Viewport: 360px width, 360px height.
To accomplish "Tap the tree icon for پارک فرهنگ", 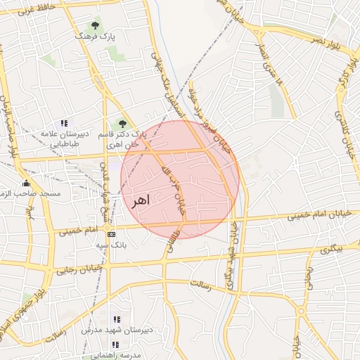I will [95, 26].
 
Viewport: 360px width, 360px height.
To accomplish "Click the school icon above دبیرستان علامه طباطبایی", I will [64, 123].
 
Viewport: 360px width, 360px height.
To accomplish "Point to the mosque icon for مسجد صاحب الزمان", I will [27, 184].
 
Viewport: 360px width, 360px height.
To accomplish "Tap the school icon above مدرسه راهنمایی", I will [116, 345].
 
